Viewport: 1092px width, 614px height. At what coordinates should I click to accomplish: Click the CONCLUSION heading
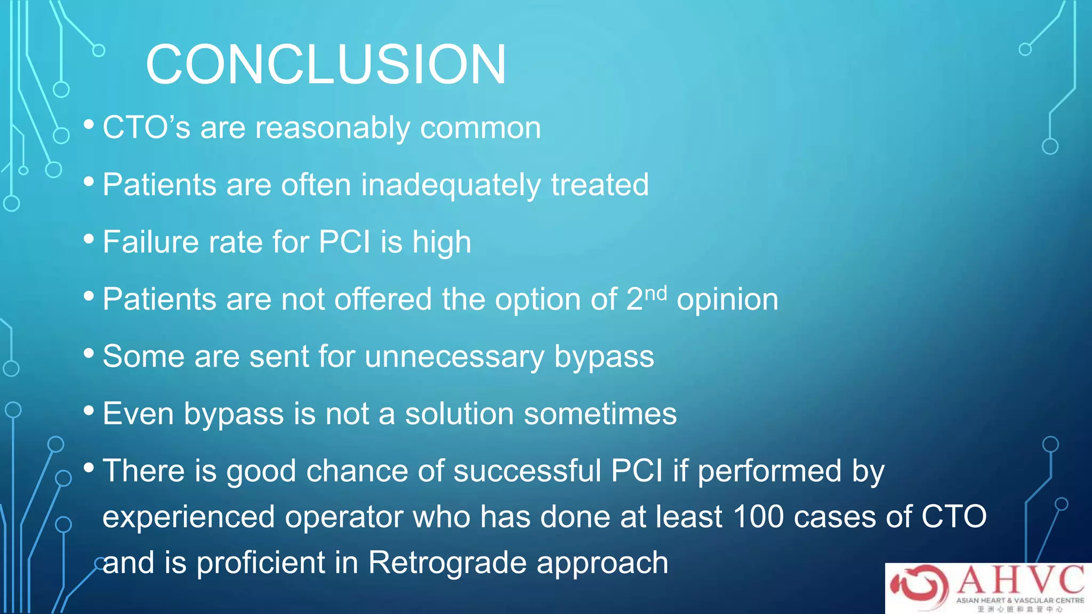point(325,64)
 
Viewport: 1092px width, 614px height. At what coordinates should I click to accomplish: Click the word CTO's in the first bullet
point(146,128)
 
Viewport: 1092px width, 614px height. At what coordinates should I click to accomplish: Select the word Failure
point(154,242)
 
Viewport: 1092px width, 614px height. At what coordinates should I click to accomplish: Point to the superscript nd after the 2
point(656,293)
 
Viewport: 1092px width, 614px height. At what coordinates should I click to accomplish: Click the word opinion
point(727,300)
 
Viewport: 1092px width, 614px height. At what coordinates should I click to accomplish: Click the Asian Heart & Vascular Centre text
point(1019,600)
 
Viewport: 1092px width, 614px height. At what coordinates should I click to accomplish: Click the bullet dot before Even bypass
point(89,410)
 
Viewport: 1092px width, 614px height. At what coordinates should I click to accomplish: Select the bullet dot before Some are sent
point(89,353)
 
